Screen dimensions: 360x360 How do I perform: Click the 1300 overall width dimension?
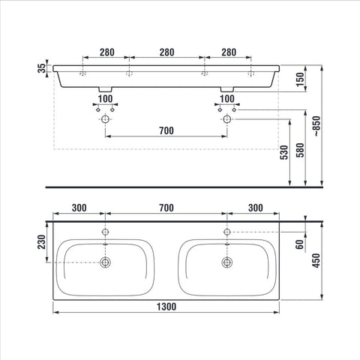tap(166, 307)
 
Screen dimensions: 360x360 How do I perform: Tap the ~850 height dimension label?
tap(316, 126)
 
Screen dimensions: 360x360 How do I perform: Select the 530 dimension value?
tap(284, 152)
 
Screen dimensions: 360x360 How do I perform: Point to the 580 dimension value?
tap(300, 150)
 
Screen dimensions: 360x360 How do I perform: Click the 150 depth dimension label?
tap(300, 79)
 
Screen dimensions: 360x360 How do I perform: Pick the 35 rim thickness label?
tap(42, 68)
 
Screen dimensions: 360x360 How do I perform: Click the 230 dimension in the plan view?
tap(41, 241)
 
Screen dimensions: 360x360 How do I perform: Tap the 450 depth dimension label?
tap(316, 260)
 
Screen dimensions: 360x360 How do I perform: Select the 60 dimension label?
tap(299, 244)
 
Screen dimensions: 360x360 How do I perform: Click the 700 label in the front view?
tap(166, 130)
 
